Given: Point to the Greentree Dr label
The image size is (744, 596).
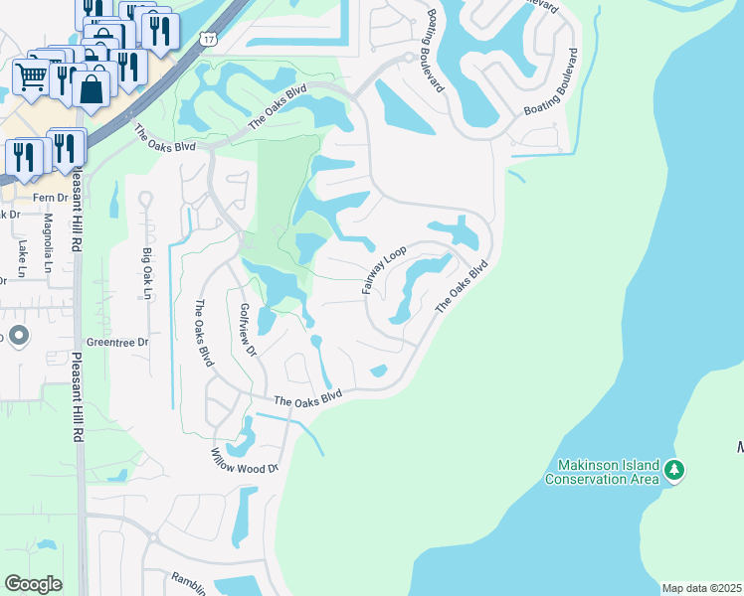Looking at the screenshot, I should click(117, 342).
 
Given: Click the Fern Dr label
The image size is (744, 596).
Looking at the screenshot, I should click(49, 197).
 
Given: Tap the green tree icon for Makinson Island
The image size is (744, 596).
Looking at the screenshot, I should click(674, 469).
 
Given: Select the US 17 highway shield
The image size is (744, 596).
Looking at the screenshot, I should click(206, 39).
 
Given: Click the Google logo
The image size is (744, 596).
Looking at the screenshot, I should click(33, 584).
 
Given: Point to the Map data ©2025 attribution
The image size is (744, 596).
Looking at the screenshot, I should click(701, 588).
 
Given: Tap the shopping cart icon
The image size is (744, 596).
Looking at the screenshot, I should click(31, 75).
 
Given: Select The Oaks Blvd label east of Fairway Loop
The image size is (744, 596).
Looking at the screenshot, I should click(464, 287).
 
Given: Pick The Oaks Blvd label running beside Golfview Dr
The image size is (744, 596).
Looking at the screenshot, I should click(204, 333).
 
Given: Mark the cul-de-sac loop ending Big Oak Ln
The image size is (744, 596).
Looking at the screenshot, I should click(145, 202).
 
